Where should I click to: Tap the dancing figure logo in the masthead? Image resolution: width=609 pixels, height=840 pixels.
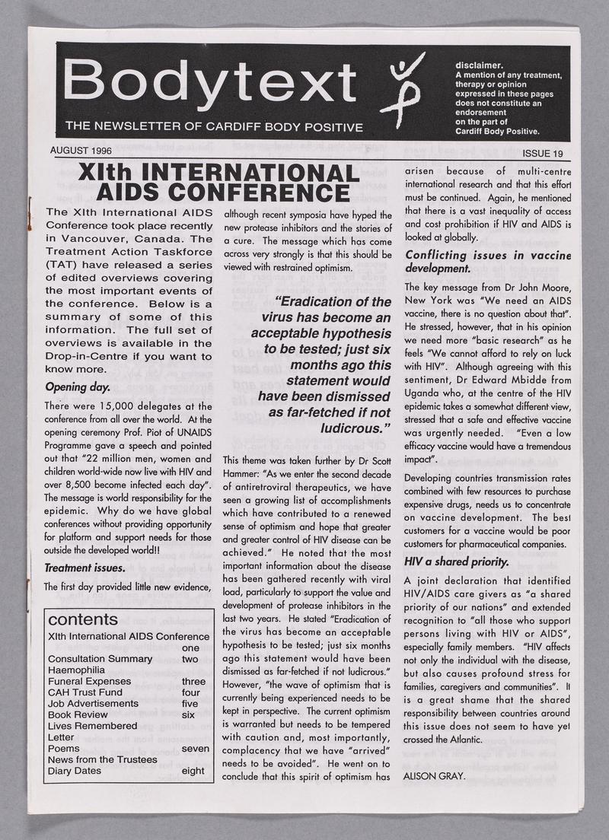point(406,86)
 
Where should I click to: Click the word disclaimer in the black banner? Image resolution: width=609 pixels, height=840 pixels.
point(478,65)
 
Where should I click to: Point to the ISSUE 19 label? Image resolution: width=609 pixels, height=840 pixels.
point(542,154)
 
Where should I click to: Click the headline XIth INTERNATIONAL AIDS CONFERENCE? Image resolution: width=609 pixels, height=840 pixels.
point(218,181)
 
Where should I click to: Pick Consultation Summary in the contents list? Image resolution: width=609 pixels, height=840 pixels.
point(100,658)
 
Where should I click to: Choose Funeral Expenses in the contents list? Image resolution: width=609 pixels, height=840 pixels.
point(89,681)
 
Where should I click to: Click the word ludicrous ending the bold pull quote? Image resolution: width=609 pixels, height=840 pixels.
point(355,428)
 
